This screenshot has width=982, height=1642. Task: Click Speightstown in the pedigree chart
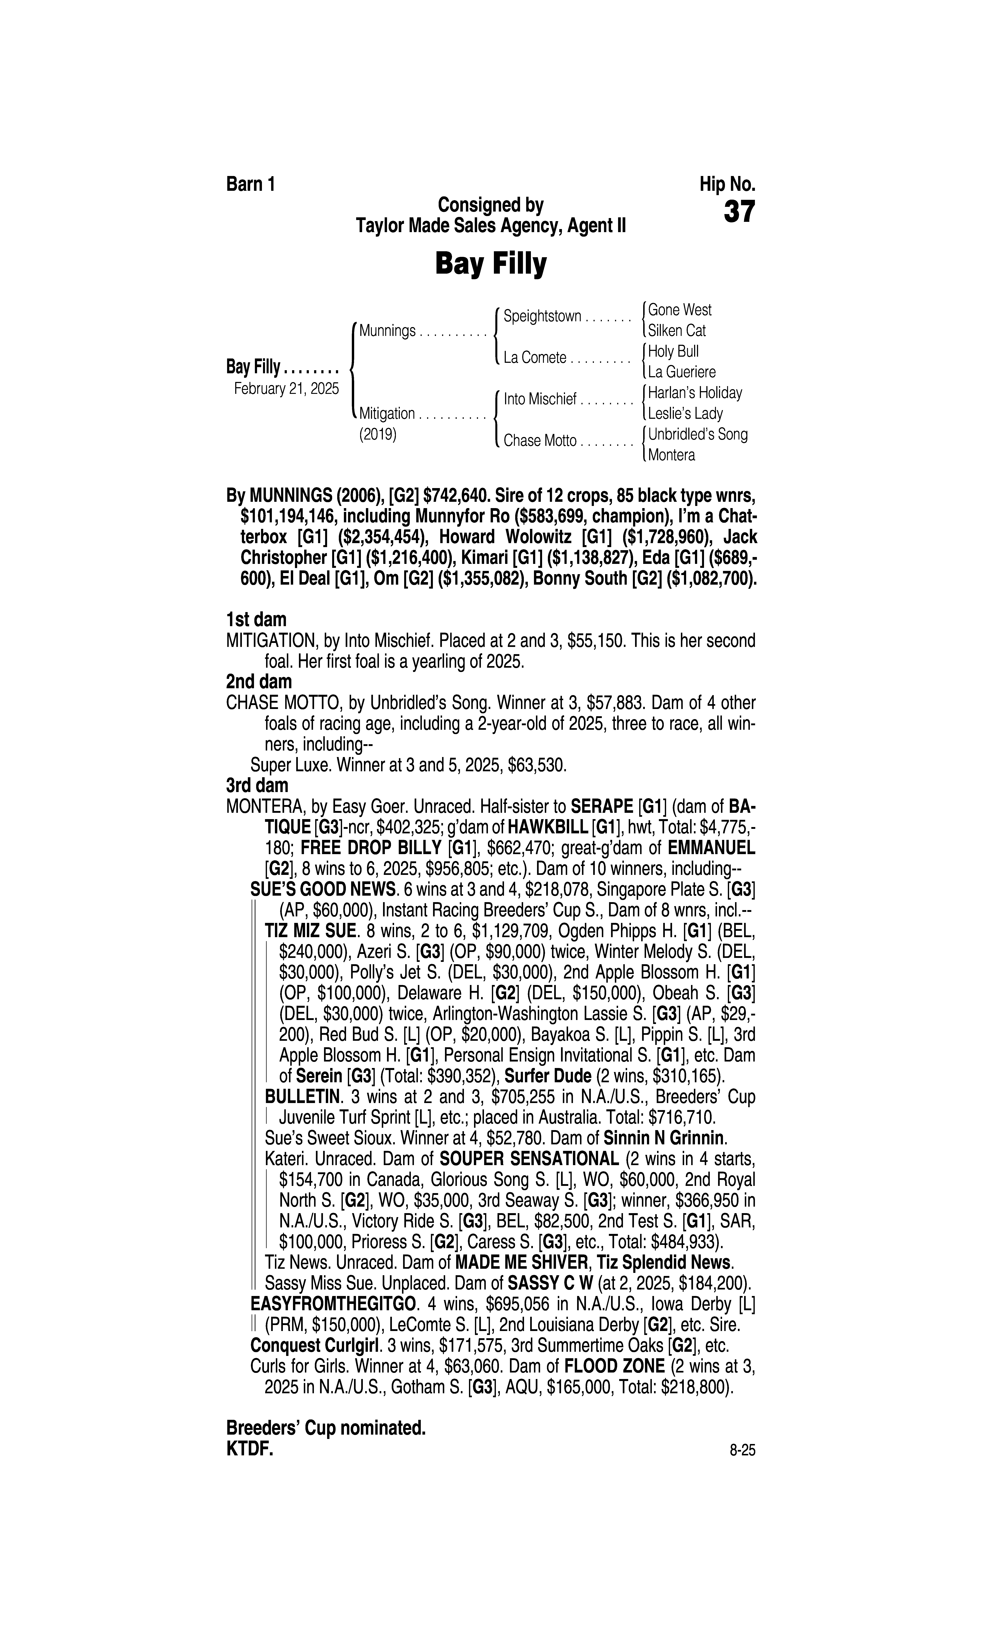coord(542,316)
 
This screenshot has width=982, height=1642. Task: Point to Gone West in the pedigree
coord(680,310)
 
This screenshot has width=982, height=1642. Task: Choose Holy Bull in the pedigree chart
coord(673,351)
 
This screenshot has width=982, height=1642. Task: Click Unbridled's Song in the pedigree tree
coord(698,435)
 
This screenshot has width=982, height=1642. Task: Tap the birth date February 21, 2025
coord(286,388)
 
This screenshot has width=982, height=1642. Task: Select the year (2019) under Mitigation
coord(377,435)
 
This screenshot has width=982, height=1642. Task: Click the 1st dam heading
coord(256,620)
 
